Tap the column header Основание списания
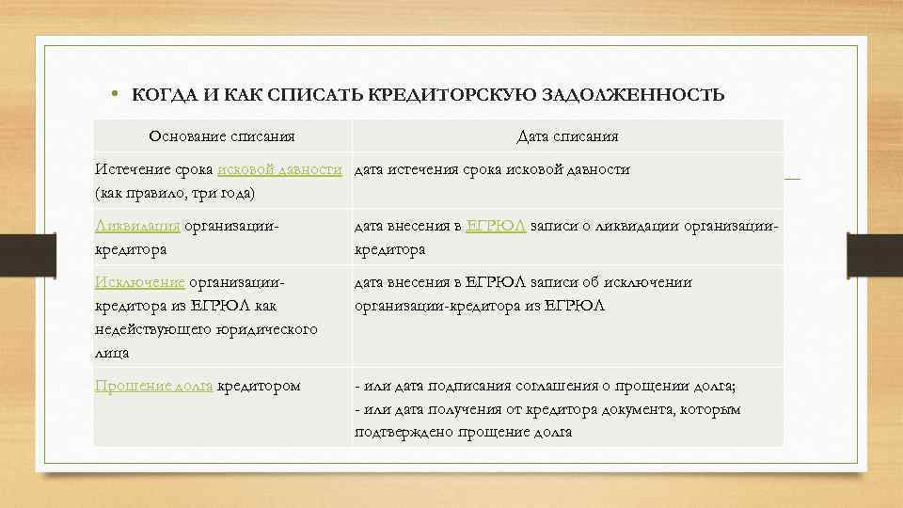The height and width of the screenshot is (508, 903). [224, 136]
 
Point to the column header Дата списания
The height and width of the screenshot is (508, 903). [567, 136]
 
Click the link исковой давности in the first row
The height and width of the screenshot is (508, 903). [279, 169]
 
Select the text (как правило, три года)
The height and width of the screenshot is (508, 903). [175, 193]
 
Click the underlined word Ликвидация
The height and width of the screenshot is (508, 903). [138, 226]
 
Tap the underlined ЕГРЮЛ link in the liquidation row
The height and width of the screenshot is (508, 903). [496, 226]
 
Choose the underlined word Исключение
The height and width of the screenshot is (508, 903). [140, 282]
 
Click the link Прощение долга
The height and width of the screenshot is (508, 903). [154, 386]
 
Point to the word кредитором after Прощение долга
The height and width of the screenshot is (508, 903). [259, 386]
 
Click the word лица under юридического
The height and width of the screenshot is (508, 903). [112, 353]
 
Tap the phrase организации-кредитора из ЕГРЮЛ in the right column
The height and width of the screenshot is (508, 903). [480, 306]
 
